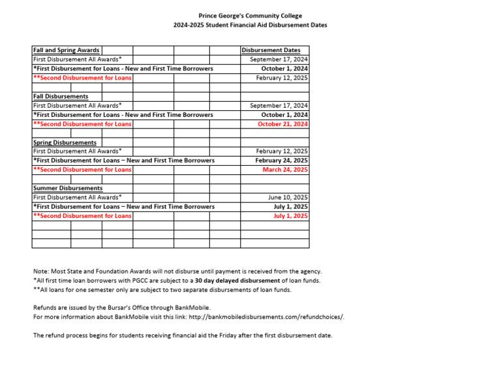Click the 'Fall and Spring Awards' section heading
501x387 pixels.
pyautogui.click(x=67, y=50)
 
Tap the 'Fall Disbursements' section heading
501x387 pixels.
pyautogui.click(x=61, y=97)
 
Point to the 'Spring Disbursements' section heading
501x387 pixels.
pyautogui.click(x=65, y=142)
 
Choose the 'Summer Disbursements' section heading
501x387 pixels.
pyautogui.click(x=68, y=188)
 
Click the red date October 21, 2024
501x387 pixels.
pyautogui.click(x=282, y=124)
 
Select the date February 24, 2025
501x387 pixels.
pyautogui.click(x=282, y=161)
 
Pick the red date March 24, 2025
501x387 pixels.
pyautogui.click(x=285, y=170)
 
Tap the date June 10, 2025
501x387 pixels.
pyautogui.click(x=288, y=197)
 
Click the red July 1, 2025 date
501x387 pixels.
pyautogui.click(x=290, y=215)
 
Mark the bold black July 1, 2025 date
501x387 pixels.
pyautogui.click(x=290, y=206)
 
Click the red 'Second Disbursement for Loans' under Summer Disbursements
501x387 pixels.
pyautogui.click(x=82, y=215)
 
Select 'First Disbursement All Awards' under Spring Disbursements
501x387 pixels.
pyautogui.click(x=78, y=151)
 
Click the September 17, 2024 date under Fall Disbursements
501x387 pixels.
pyautogui.click(x=279, y=106)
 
